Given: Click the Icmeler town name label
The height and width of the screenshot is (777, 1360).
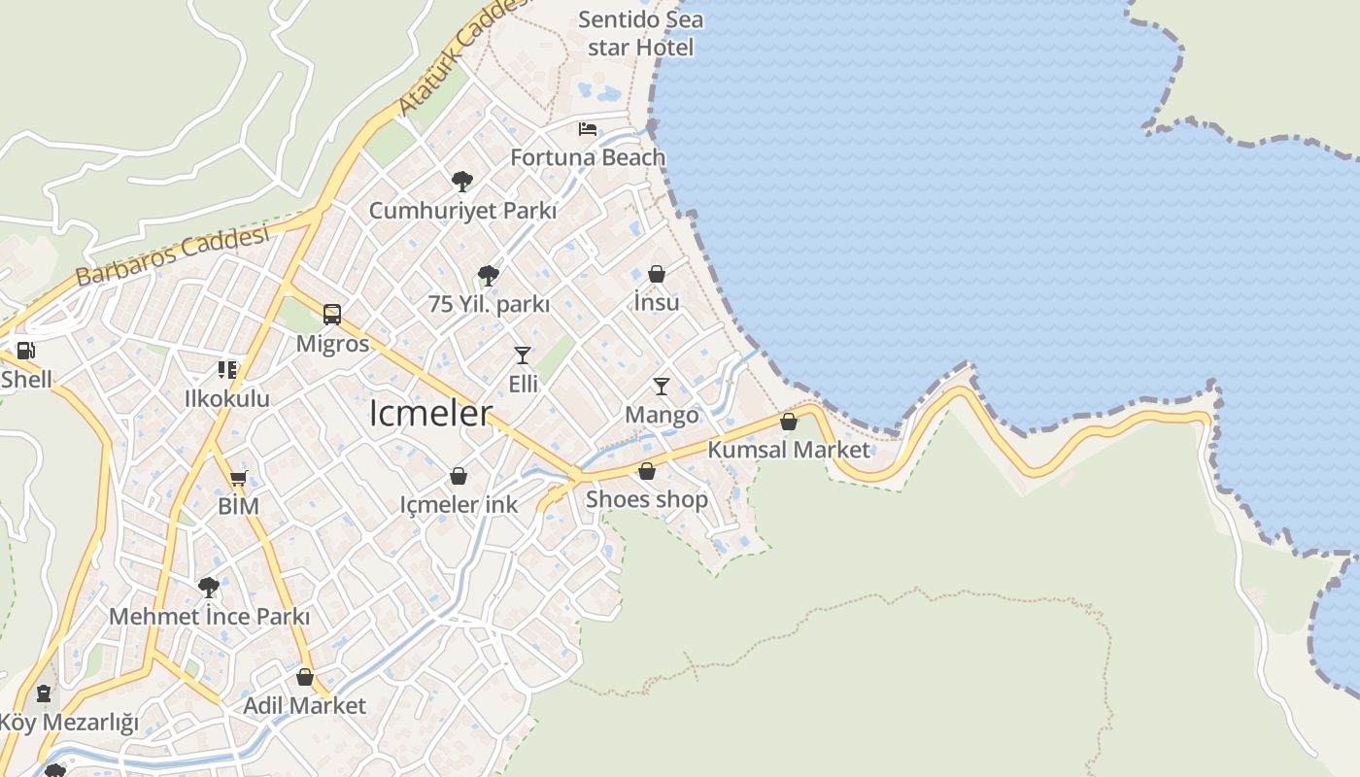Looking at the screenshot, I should click(x=431, y=413).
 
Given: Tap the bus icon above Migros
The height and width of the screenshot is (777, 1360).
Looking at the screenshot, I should click(x=332, y=315).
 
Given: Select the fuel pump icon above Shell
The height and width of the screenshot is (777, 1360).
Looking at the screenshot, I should click(x=26, y=351).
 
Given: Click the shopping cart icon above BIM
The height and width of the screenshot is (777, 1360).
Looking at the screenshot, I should click(x=238, y=478).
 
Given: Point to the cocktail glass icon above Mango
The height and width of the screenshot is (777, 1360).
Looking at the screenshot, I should click(x=662, y=387).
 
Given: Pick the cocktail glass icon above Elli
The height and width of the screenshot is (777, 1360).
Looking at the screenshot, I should click(x=523, y=355).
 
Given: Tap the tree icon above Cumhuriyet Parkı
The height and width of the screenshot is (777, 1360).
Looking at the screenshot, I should click(x=462, y=181).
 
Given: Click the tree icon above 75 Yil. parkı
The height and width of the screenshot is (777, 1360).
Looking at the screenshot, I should click(x=489, y=276).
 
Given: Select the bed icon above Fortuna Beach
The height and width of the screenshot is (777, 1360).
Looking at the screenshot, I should click(x=588, y=128).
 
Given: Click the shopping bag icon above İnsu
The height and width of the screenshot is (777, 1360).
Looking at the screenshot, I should click(x=657, y=274).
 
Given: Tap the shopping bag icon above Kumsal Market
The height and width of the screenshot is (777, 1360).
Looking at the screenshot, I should click(x=789, y=422).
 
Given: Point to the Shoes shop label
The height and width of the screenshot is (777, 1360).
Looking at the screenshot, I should click(x=647, y=499).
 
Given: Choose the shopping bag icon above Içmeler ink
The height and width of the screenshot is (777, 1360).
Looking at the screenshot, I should click(x=459, y=476).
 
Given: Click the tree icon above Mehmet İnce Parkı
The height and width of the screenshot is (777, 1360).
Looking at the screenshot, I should click(x=209, y=587).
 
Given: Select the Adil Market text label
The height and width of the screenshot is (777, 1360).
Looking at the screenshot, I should click(x=305, y=705).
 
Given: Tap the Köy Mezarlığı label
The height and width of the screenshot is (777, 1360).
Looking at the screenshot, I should click(x=68, y=723).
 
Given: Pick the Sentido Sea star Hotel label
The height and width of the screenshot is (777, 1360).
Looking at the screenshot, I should click(x=641, y=33).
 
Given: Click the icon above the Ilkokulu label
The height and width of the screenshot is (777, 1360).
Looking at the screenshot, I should click(x=227, y=369).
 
